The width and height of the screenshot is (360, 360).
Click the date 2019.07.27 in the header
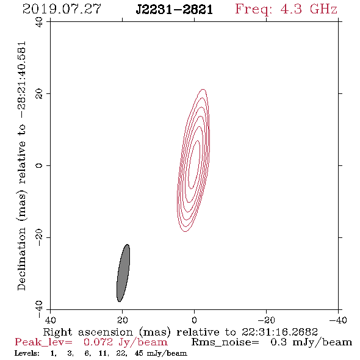pyautogui.click(x=62, y=9)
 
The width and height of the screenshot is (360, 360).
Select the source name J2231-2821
pyautogui.click(x=174, y=10)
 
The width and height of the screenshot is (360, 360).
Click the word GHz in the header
pyautogui.click(x=323, y=9)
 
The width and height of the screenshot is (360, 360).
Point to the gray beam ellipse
pyautogui.click(x=123, y=273)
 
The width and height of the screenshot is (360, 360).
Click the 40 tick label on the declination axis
pyautogui.click(x=39, y=22)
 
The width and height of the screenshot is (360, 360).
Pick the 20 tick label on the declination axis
pyautogui.click(x=39, y=94)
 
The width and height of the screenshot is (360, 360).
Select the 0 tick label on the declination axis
pyautogui.click(x=39, y=165)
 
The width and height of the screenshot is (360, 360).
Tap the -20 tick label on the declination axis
pyautogui.click(x=39, y=238)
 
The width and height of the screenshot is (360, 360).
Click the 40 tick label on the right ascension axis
pyautogui.click(x=50, y=320)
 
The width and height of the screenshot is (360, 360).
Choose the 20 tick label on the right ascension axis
pyautogui.click(x=123, y=320)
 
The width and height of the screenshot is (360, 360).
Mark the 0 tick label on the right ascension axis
pyautogui.click(x=194, y=320)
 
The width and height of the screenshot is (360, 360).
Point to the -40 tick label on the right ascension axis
pyautogui.click(x=338, y=320)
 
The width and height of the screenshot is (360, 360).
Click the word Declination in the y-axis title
pyautogui.click(x=21, y=259)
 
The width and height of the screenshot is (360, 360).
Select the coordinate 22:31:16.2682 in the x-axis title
pyautogui.click(x=279, y=332)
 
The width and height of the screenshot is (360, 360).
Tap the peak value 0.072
pyautogui.click(x=98, y=342)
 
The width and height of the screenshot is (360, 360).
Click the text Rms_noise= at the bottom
pyautogui.click(x=225, y=342)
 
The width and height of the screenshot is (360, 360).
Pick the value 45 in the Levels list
pyautogui.click(x=139, y=353)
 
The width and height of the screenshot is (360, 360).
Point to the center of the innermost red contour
pyautogui.click(x=194, y=165)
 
